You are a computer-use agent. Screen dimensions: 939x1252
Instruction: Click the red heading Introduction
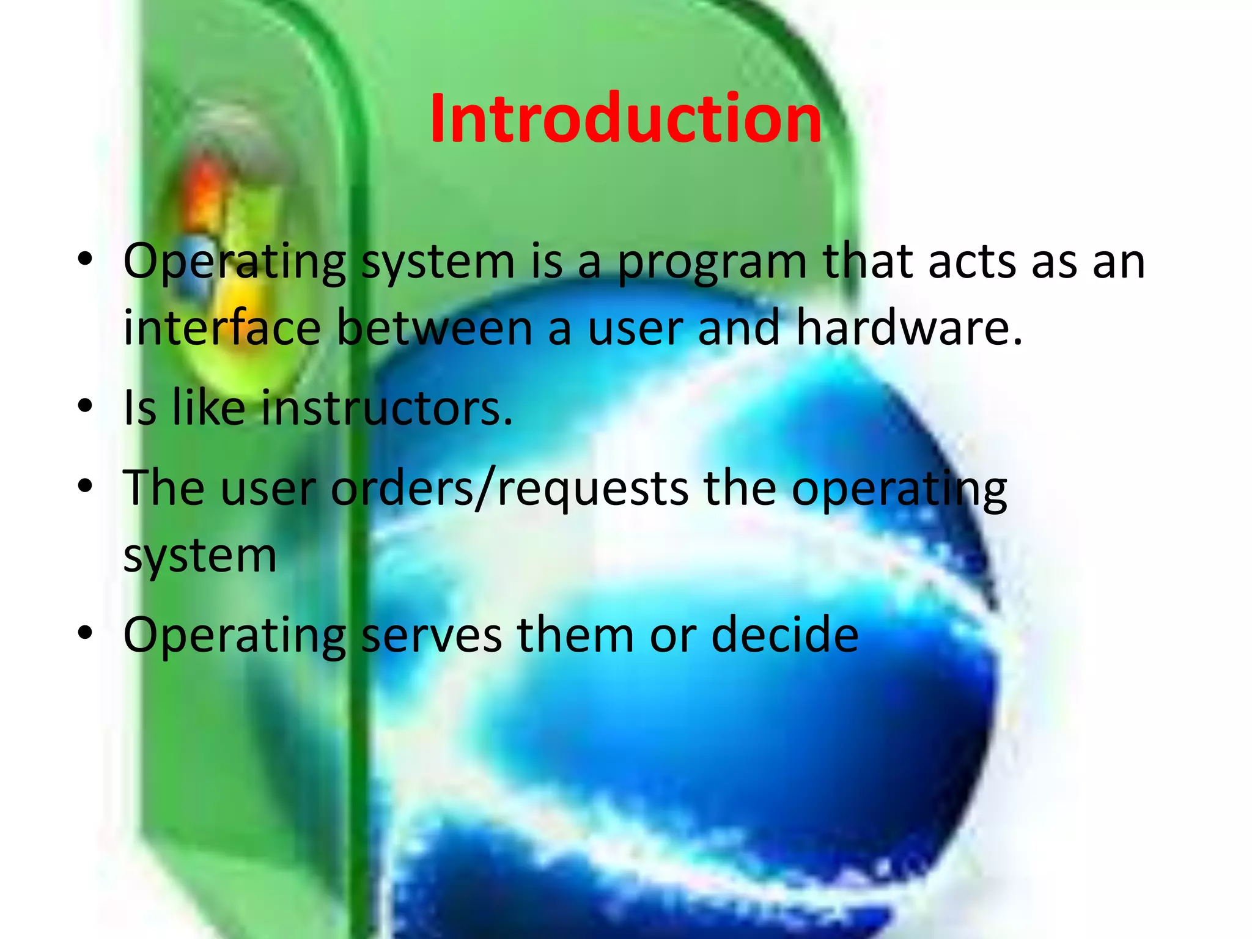point(625,119)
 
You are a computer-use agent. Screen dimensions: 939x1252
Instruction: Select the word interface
point(222,328)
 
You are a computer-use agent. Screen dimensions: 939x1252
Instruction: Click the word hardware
point(908,328)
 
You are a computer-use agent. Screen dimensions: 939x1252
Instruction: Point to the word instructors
point(386,408)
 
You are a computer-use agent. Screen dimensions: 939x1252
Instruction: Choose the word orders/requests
point(509,489)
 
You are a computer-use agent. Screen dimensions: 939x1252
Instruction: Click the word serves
point(432,635)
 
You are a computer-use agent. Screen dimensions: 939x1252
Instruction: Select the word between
point(435,328)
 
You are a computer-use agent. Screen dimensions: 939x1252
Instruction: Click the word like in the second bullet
point(208,408)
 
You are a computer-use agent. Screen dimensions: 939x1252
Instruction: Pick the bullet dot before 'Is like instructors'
point(85,406)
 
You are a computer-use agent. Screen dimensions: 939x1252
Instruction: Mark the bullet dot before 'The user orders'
point(85,487)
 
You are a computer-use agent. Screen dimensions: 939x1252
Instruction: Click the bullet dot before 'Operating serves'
point(85,633)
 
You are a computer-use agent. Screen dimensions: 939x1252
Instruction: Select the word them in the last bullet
point(575,635)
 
